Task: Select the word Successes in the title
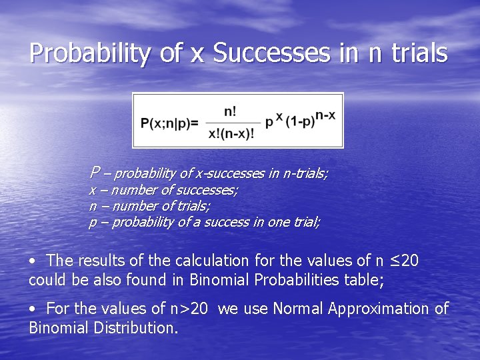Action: click(x=274, y=53)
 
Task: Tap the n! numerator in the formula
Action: click(x=229, y=111)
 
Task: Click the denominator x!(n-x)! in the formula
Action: click(x=231, y=133)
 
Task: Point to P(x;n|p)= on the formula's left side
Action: click(x=169, y=123)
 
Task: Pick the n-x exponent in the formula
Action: click(x=325, y=115)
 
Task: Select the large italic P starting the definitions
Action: click(x=95, y=173)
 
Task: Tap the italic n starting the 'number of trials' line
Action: click(x=93, y=207)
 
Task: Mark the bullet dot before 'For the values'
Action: click(x=33, y=309)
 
